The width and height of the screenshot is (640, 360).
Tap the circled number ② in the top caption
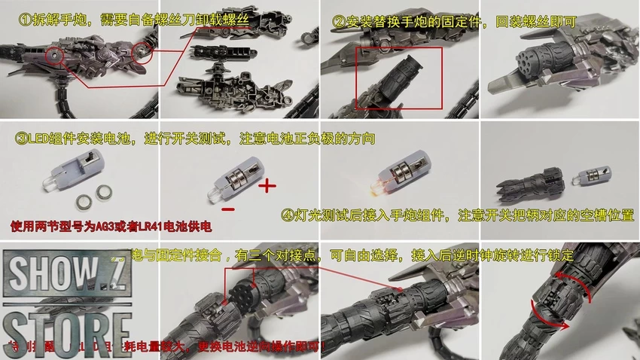(x=339, y=20)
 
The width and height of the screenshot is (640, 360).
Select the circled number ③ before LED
(x=20, y=139)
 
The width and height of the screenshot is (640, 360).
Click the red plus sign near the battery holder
(x=268, y=185)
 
